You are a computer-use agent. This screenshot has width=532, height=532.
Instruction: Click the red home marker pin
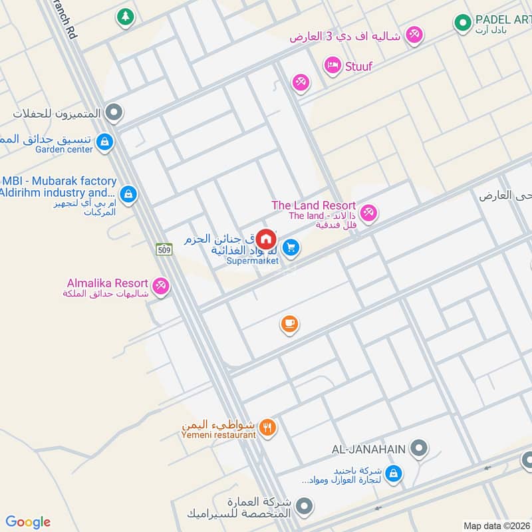coord(266,239)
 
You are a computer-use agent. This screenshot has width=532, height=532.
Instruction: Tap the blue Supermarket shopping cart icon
coord(290,248)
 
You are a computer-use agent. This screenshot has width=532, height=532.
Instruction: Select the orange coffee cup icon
coord(289,324)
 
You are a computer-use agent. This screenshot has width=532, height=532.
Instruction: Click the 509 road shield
coord(164,249)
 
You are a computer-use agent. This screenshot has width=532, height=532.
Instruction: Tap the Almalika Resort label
coord(107,283)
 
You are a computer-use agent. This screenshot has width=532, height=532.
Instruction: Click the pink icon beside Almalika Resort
coord(160,287)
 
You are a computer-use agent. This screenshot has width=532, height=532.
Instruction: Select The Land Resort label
coord(313,205)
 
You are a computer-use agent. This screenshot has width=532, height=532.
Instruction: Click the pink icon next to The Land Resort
coord(369,213)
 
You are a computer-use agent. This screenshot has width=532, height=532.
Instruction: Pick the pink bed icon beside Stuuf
coord(331,65)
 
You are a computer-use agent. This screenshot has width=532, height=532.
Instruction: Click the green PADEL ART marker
coord(462,24)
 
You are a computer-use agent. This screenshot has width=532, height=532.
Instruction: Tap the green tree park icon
coord(124,17)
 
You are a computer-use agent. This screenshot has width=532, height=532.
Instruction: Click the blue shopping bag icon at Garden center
coord(104,142)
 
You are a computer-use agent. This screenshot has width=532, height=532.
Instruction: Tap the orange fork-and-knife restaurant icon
coord(268,428)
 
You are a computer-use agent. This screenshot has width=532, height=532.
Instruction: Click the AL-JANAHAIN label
coord(368,449)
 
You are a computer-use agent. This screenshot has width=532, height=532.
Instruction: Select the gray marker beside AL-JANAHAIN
coord(418,449)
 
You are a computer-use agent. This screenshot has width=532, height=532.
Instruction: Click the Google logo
coord(28,522)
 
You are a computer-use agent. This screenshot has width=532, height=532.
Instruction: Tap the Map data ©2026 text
coord(495,525)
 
